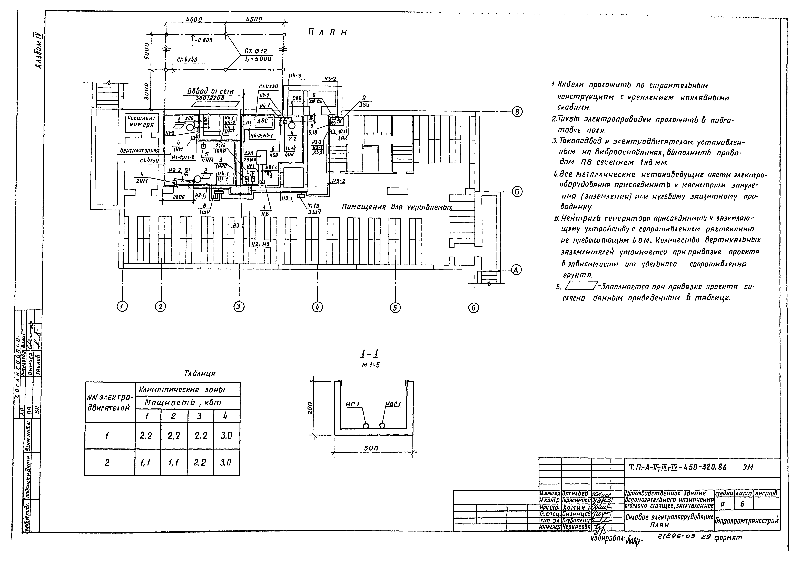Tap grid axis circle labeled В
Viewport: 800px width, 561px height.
click(x=517, y=112)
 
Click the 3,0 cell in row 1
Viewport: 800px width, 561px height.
click(x=226, y=435)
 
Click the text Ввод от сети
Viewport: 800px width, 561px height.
click(x=210, y=91)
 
